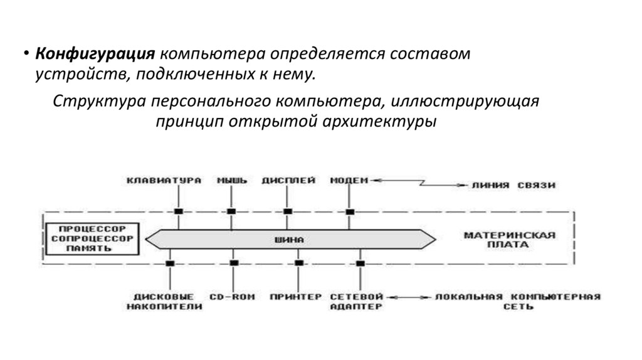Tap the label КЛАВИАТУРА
[164, 181]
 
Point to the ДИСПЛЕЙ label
[288, 181]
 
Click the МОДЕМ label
[349, 181]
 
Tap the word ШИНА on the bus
[290, 240]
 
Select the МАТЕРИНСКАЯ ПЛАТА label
[510, 240]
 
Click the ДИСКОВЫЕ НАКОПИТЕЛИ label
[164, 301]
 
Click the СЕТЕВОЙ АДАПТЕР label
[356, 301]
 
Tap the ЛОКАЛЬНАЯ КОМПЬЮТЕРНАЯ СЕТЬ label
[518, 301]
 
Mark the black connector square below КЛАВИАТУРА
[179, 211]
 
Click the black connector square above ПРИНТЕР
[299, 262]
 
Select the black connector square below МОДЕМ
[349, 211]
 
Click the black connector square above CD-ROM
[233, 262]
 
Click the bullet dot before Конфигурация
[26, 55]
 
